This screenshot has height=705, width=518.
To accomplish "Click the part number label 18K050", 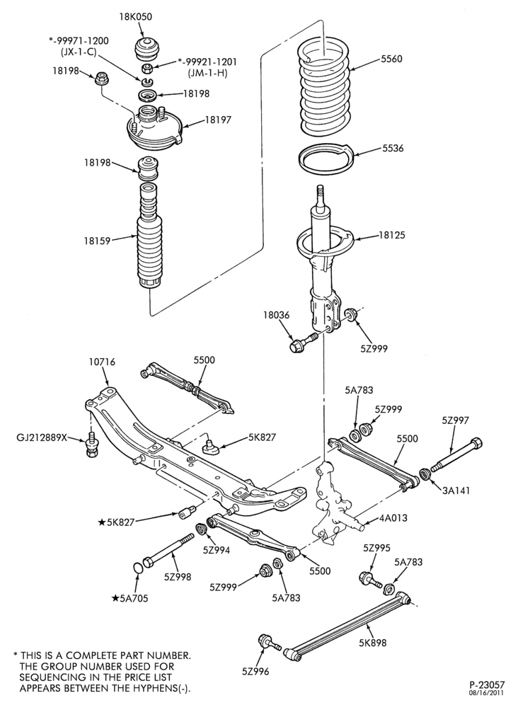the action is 135,17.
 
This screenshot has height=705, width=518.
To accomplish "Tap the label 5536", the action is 393,149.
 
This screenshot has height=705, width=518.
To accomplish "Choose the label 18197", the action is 218,120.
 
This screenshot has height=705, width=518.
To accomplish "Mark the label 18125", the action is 391,235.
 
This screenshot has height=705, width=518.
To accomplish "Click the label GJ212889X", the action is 42,437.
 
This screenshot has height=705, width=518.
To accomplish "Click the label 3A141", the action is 455,490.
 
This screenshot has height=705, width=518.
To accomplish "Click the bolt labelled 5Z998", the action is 168,550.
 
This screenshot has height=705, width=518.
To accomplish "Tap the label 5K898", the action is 372,643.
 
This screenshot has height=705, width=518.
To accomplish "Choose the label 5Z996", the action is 255,671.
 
